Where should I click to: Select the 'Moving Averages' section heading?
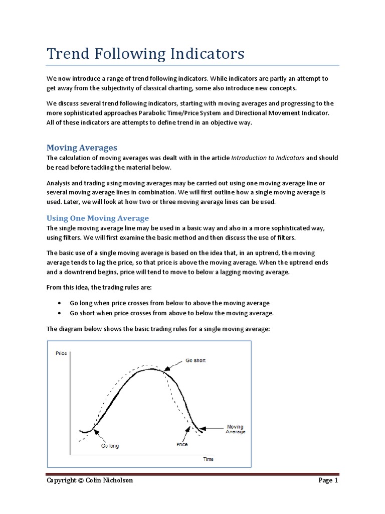(82, 148)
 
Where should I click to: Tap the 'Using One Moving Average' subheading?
(98, 218)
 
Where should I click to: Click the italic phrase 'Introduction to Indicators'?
(268, 158)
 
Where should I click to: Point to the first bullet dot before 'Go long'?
(60, 303)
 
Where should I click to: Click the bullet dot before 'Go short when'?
(60, 313)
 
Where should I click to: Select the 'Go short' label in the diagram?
(196, 360)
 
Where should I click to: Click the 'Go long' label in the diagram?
(110, 446)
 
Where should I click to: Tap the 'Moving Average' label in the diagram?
(235, 429)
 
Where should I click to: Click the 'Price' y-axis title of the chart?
(61, 353)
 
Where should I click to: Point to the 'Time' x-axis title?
(208, 459)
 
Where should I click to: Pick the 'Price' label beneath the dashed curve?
(182, 444)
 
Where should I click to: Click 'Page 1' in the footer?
(328, 480)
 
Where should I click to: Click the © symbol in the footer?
(81, 480)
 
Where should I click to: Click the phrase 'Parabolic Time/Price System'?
(181, 113)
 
